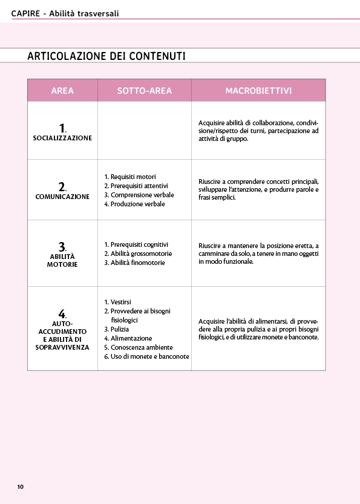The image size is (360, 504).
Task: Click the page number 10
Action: click(x=20, y=486)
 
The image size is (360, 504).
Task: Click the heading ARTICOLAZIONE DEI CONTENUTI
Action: click(x=106, y=56)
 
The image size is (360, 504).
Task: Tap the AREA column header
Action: click(x=62, y=91)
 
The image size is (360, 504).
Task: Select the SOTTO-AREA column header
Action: click(x=144, y=91)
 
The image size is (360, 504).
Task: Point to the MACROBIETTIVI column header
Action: click(x=258, y=91)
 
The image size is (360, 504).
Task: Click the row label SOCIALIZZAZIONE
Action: click(x=62, y=138)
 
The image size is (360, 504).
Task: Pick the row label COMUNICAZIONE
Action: click(x=62, y=197)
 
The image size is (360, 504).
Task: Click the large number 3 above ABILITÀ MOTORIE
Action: click(x=62, y=246)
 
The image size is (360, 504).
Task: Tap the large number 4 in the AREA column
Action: click(x=62, y=313)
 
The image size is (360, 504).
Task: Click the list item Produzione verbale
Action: click(x=137, y=204)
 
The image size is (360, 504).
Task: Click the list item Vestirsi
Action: click(x=120, y=302)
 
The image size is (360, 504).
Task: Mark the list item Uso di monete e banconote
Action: click(x=149, y=356)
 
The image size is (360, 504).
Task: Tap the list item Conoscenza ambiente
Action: click(x=141, y=347)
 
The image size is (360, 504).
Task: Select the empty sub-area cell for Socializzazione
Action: click(x=144, y=130)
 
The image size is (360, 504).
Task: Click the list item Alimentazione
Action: click(x=131, y=338)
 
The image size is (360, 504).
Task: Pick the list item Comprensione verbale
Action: click(x=142, y=195)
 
